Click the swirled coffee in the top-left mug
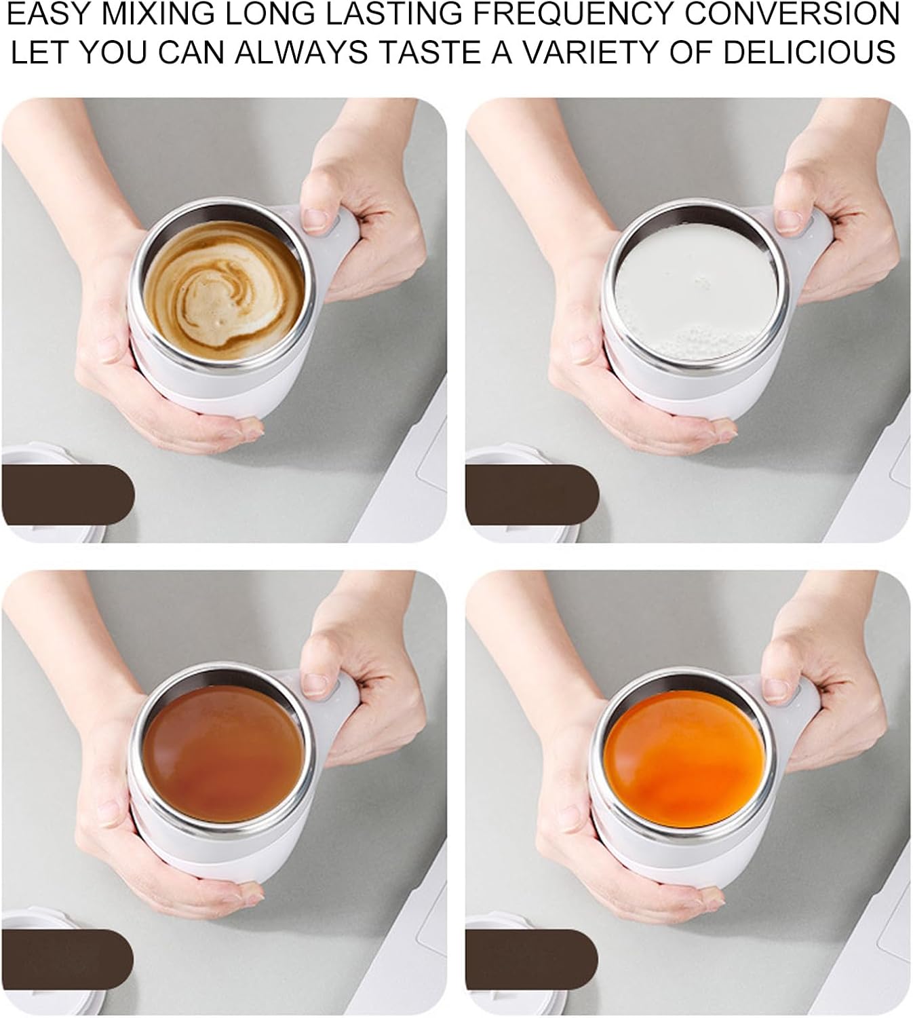tap(224, 292)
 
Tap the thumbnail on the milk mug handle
tap(787, 220)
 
